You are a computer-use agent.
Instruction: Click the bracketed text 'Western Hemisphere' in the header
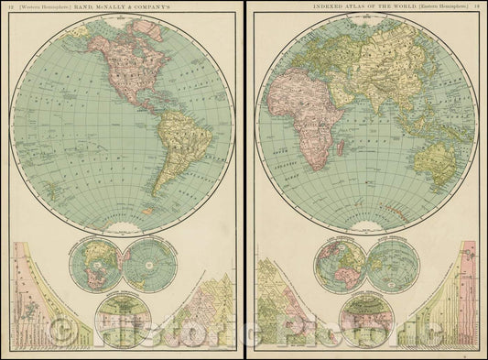point(46,9)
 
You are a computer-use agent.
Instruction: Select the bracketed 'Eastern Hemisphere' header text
point(437,9)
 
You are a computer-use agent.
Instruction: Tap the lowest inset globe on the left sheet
point(123,316)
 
